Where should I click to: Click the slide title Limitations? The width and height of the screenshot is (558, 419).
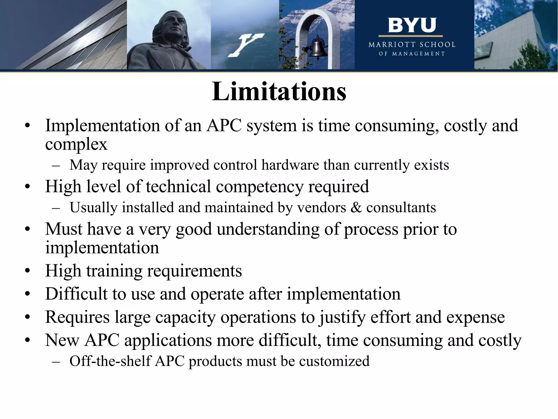pos(279,91)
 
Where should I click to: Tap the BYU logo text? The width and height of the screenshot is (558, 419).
pos(412,25)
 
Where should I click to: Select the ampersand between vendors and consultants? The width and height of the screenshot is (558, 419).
pos(356,208)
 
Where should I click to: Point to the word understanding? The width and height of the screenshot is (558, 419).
pos(268,229)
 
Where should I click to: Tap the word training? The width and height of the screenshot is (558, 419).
pos(114,271)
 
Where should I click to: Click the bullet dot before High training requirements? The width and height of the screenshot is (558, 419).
pos(27,271)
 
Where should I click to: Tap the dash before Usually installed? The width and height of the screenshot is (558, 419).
pos(56,208)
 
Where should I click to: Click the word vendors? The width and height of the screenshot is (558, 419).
pos(322,208)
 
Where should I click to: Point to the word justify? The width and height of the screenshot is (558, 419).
pos(342,317)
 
